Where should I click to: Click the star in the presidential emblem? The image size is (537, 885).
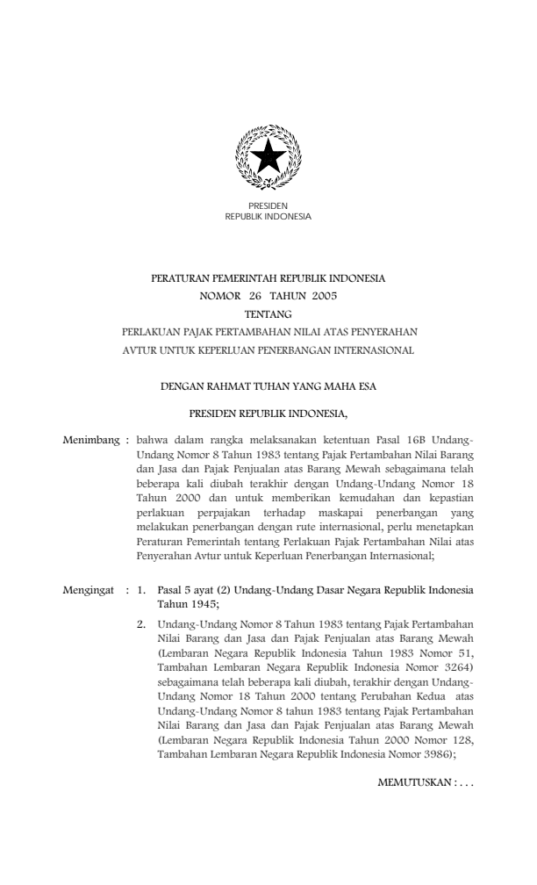coord(268,157)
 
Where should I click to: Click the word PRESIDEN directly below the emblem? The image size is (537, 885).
coord(268,205)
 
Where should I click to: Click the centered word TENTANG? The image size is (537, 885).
coord(268,314)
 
